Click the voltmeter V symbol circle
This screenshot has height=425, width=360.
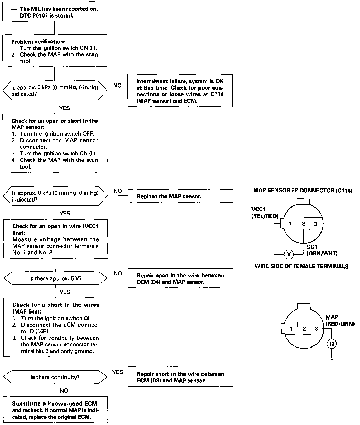[x=289, y=254]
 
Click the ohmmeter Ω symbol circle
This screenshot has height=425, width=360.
[x=331, y=344]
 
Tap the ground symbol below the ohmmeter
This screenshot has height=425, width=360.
[x=331, y=360]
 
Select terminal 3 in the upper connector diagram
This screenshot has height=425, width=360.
[x=316, y=224]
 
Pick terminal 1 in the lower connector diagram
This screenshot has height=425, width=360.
[x=291, y=328]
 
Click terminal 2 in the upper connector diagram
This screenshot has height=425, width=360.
[x=303, y=224]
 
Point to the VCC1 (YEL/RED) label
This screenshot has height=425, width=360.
[x=265, y=213]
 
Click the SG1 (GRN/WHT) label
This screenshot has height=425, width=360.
[x=322, y=250]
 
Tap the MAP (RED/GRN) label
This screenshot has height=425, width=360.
[x=340, y=321]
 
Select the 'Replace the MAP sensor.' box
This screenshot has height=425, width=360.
[x=180, y=196]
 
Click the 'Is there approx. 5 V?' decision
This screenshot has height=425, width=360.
[x=55, y=278]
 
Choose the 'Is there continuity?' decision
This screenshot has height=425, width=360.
[x=55, y=377]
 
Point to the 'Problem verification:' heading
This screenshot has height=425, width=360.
[x=38, y=42]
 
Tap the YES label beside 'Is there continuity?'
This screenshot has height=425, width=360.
[x=117, y=372]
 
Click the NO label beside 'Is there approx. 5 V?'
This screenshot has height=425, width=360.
[x=118, y=273]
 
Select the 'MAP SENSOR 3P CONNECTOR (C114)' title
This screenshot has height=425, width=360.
[x=302, y=191]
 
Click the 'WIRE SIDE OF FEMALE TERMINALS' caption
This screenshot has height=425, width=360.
[x=301, y=266]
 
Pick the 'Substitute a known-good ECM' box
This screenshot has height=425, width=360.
[x=55, y=410]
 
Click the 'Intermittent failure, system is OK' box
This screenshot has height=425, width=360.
[x=180, y=91]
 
